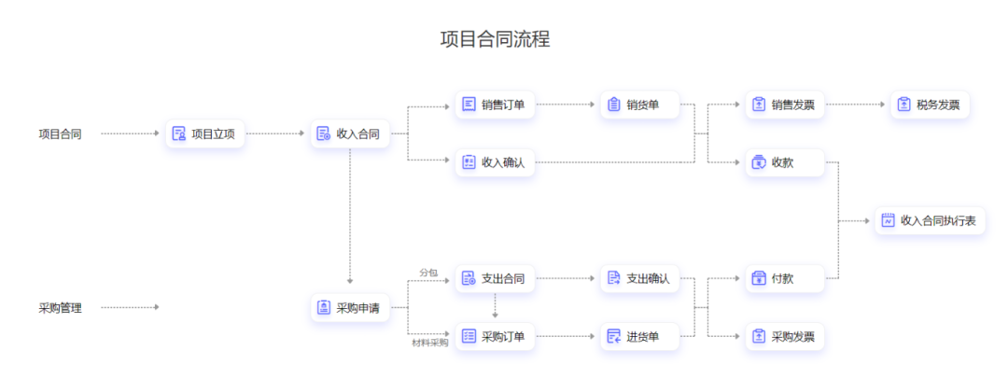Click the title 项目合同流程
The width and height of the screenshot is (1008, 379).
[495, 38]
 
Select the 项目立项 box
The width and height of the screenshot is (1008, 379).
[205, 133]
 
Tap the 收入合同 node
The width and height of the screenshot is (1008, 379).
[349, 133]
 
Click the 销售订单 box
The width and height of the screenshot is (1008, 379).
[495, 105]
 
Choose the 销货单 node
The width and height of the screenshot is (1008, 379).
[639, 105]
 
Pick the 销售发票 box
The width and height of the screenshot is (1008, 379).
[784, 105]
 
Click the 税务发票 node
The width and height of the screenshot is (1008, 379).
[930, 105]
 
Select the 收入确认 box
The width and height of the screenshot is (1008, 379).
[495, 162]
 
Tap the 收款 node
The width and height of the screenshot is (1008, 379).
[784, 162]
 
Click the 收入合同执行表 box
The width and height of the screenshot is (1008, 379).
[930, 221]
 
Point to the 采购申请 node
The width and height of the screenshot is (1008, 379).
[349, 307]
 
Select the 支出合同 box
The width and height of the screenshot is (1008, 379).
[495, 278]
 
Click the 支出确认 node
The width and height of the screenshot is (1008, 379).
[639, 278]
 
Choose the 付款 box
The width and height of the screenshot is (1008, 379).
[784, 278]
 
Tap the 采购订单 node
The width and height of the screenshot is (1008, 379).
[495, 336]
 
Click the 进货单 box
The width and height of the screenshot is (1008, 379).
[639, 336]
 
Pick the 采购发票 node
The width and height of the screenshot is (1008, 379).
[784, 336]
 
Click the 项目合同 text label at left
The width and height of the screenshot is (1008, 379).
[60, 133]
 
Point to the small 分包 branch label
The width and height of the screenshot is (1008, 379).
[428, 272]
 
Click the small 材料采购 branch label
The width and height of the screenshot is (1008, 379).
[430, 343]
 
